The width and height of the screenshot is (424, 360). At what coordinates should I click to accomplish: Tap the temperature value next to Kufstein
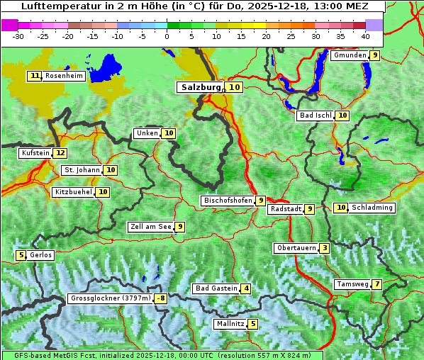coord(60,153)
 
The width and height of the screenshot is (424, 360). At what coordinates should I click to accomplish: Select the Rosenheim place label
coord(64,76)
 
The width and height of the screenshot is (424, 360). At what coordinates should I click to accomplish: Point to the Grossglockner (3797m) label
coord(111,299)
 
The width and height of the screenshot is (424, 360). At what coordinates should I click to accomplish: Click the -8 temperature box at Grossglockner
coord(161,299)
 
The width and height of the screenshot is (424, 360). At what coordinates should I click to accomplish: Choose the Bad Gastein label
coord(216,288)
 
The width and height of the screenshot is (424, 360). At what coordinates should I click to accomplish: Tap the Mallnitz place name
coord(230,324)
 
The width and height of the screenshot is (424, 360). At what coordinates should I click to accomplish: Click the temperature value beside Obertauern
coord(324,248)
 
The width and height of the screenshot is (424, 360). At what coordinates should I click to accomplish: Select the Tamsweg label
coord(352,284)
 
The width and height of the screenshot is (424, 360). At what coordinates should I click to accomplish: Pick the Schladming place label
coord(372,208)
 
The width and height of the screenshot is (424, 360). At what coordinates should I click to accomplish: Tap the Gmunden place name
coord(350,55)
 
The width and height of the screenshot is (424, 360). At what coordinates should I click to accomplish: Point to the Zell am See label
coord(151,227)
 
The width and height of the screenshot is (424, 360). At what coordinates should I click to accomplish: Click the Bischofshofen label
coord(228,201)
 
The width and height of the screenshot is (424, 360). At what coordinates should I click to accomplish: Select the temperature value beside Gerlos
coord(21,255)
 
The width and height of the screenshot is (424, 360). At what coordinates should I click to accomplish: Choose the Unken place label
coord(147,133)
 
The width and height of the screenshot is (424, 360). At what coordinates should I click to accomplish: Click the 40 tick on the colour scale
coord(365,35)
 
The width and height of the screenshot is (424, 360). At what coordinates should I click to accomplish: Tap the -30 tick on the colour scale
coord(18,35)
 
